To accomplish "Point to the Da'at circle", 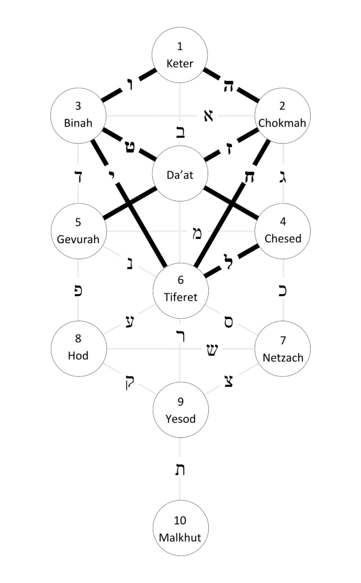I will pyautogui.click(x=180, y=175).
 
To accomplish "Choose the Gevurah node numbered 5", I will pyautogui.click(x=78, y=231).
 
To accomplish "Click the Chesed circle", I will pyautogui.click(x=283, y=231).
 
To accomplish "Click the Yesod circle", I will pyautogui.click(x=180, y=410).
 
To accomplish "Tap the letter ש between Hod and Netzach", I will pyautogui.click(x=211, y=350).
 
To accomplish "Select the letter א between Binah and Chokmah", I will pyautogui.click(x=208, y=116).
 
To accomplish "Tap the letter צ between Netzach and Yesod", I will pyautogui.click(x=229, y=380).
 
